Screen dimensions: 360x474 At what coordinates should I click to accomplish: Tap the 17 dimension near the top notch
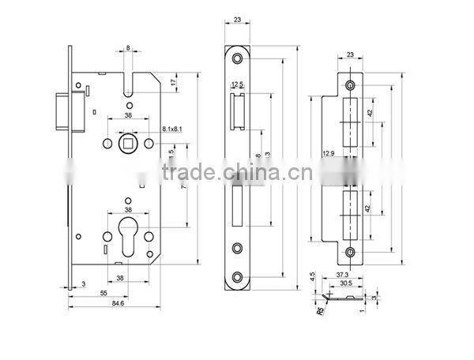click(x=173, y=81)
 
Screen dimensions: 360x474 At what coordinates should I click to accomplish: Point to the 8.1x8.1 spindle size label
click(x=173, y=127)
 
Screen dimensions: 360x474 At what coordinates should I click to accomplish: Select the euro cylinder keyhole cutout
click(x=126, y=238)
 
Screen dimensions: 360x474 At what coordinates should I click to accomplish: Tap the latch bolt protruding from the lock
click(x=60, y=111)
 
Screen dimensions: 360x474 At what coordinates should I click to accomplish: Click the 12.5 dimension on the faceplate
click(x=235, y=84)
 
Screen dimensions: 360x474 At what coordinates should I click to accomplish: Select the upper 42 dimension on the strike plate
click(x=368, y=114)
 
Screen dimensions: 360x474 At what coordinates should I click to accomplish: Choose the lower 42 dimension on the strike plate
click(x=368, y=210)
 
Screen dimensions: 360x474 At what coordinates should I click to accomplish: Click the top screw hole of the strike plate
click(x=350, y=83)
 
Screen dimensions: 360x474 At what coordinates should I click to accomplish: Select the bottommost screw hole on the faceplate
click(x=238, y=276)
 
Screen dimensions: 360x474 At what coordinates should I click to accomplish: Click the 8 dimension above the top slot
click(x=126, y=49)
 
